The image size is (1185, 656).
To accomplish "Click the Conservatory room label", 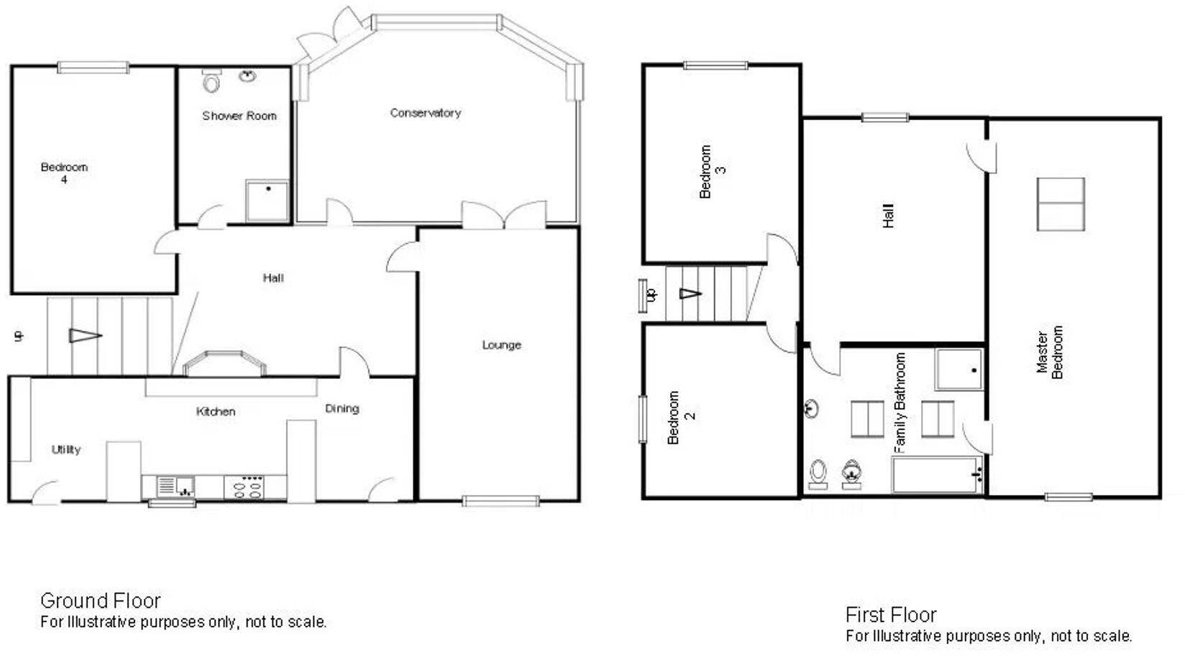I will point(425,113).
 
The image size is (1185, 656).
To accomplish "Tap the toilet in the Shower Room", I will point(211,83).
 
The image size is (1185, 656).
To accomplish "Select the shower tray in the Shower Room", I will point(267,201).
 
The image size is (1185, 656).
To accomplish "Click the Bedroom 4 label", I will point(64,173).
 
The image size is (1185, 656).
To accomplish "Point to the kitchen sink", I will point(176,486).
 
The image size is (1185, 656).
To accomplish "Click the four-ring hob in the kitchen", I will point(245,487).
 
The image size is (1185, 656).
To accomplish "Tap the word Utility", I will point(66,450).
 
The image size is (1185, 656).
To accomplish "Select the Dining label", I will point(342,409).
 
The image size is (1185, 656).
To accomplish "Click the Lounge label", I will point(501,345).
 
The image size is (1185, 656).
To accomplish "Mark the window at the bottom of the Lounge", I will point(500,501).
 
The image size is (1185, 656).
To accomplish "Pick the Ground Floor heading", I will point(100,601).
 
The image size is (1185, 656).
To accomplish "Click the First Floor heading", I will point(890,615).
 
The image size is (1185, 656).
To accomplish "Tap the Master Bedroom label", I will point(1049,352).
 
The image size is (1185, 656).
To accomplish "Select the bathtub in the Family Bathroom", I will point(937,475).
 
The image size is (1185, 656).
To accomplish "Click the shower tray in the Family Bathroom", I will point(959,370).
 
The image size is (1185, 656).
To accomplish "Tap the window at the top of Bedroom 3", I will point(715,65).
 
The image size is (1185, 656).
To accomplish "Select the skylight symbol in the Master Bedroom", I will point(1061,204).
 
